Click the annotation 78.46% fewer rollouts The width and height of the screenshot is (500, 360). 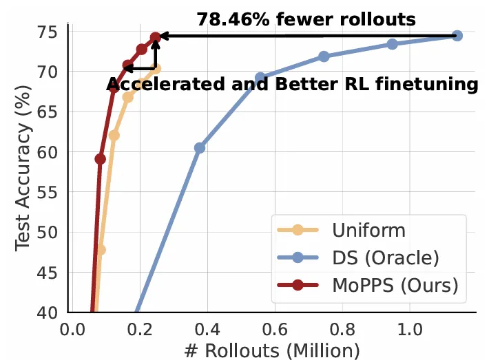click(306, 19)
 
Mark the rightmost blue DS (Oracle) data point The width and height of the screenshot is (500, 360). click(457, 35)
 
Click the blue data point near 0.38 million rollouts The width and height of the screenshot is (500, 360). click(200, 148)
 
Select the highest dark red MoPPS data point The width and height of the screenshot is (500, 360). click(156, 38)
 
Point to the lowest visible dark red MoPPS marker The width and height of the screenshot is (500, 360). click(101, 159)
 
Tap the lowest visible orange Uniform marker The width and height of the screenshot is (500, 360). click(101, 250)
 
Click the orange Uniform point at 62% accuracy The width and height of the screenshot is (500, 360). click(114, 136)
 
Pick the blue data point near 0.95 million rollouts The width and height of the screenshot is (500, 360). click(393, 44)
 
